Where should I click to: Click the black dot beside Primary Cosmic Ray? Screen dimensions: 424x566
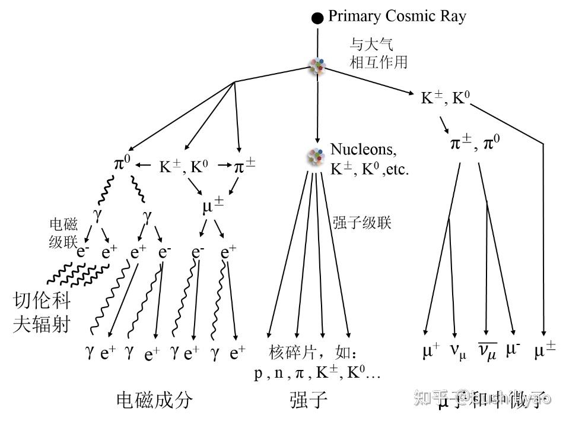317,18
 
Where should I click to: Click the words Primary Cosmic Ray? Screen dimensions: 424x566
397,16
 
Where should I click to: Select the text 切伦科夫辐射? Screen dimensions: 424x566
42,312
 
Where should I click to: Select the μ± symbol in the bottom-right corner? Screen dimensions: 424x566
545,351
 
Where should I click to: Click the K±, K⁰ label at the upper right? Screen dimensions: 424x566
445,99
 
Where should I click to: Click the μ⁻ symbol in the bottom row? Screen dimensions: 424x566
514,350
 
